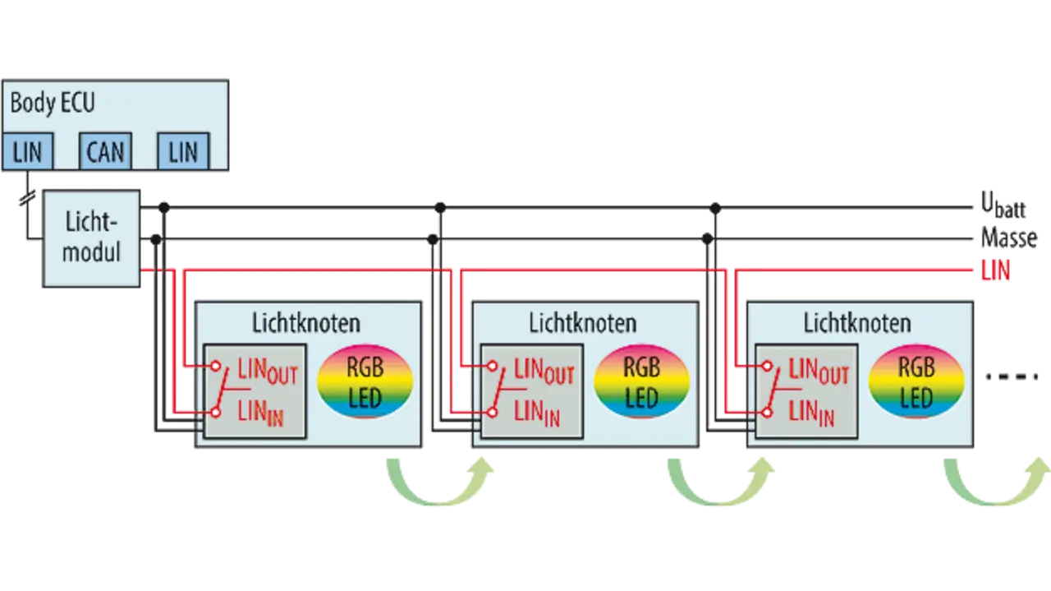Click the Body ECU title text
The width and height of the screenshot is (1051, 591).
click(x=53, y=104)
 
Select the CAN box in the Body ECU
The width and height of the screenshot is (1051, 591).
click(x=105, y=152)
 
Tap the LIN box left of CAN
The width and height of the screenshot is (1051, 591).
click(x=27, y=152)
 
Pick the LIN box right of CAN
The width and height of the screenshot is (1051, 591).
click(x=183, y=152)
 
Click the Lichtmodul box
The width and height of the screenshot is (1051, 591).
click(x=91, y=238)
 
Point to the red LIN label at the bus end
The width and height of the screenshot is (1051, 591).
click(x=994, y=270)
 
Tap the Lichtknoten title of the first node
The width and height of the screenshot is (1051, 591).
click(x=306, y=322)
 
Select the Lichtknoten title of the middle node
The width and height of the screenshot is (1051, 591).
click(x=582, y=322)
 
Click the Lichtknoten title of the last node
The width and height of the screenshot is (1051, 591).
click(x=857, y=322)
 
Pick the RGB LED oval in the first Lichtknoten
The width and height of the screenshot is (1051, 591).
click(x=365, y=381)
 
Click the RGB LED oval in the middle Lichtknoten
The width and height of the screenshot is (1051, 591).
click(x=641, y=381)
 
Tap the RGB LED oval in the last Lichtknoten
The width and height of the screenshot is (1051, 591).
click(x=916, y=381)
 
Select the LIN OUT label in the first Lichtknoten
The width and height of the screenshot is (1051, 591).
click(x=267, y=372)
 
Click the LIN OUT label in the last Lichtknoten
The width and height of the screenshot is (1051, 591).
click(x=818, y=372)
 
